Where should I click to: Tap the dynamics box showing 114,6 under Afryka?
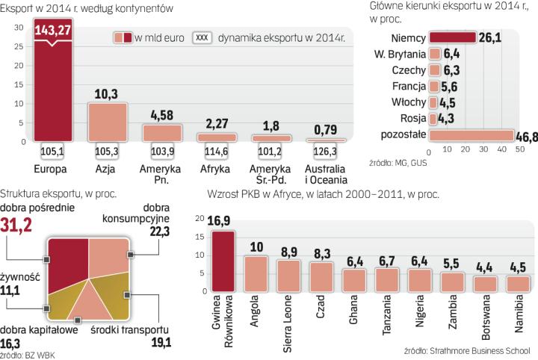point(217,153)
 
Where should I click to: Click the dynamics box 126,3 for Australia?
point(327,153)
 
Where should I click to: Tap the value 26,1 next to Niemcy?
point(489,37)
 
